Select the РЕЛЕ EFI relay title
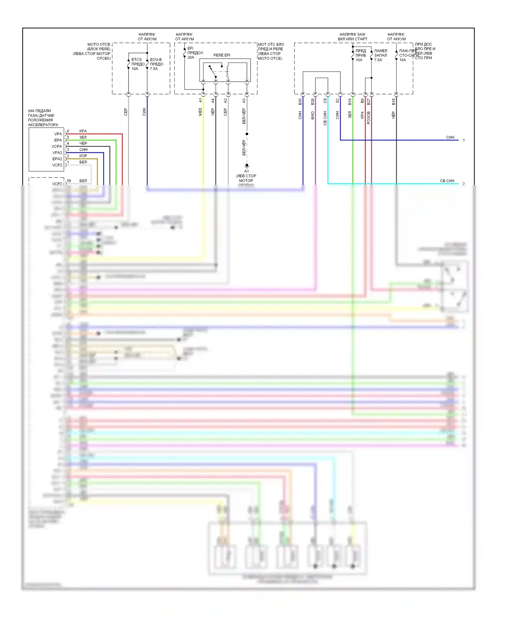(222, 55)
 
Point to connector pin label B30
(300, 101)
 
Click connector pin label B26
(313, 101)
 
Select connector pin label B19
(350, 101)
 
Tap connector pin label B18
(393, 101)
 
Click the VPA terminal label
(58, 134)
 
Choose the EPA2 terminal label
(57, 159)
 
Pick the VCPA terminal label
(57, 146)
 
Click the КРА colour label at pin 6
(83, 131)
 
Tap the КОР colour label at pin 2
(83, 156)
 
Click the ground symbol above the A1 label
(247, 166)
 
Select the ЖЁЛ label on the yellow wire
(200, 112)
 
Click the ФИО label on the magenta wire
(313, 115)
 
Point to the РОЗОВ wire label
(368, 117)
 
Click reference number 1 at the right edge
(464, 140)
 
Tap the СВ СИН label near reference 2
(447, 181)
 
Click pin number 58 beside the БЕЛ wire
(69, 181)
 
